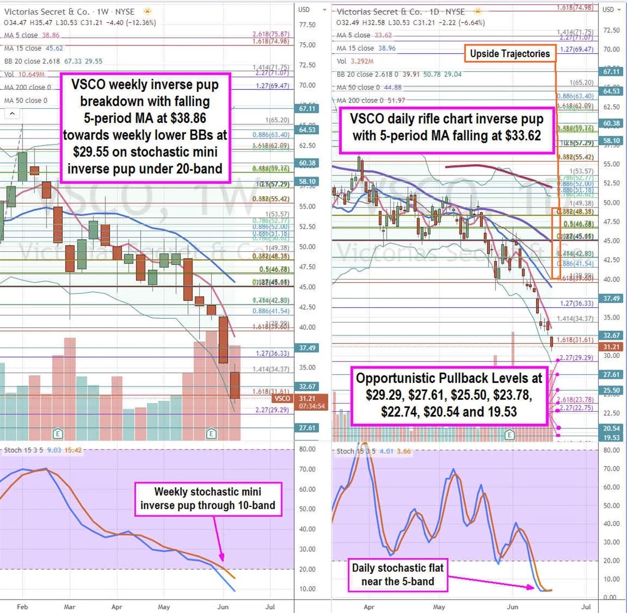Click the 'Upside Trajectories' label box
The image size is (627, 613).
[x=509, y=54]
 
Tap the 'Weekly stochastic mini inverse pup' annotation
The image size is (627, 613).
[x=208, y=499]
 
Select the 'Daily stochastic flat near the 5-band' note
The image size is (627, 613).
[x=398, y=575]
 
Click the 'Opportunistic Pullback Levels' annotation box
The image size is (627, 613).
[x=449, y=395]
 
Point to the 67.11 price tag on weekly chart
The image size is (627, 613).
[x=307, y=109]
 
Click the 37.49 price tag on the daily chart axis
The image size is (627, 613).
[x=611, y=298]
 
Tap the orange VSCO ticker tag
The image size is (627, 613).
[x=282, y=398]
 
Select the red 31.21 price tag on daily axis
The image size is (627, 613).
[x=611, y=346]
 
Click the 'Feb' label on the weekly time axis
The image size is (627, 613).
[x=22, y=607]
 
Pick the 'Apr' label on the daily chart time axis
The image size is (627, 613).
[x=369, y=607]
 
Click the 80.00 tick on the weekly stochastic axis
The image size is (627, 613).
[x=307, y=449]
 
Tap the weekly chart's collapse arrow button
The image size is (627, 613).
[x=12, y=113]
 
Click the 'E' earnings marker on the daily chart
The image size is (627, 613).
[x=509, y=434]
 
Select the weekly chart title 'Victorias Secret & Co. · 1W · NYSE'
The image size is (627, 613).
[x=69, y=11]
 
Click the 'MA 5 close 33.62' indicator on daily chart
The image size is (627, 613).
[x=364, y=35]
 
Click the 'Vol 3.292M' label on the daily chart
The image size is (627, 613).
[x=355, y=61]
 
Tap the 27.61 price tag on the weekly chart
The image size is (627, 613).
[x=307, y=428]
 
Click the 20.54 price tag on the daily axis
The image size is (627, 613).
[x=611, y=428]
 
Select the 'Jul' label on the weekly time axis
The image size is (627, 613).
[x=270, y=607]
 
